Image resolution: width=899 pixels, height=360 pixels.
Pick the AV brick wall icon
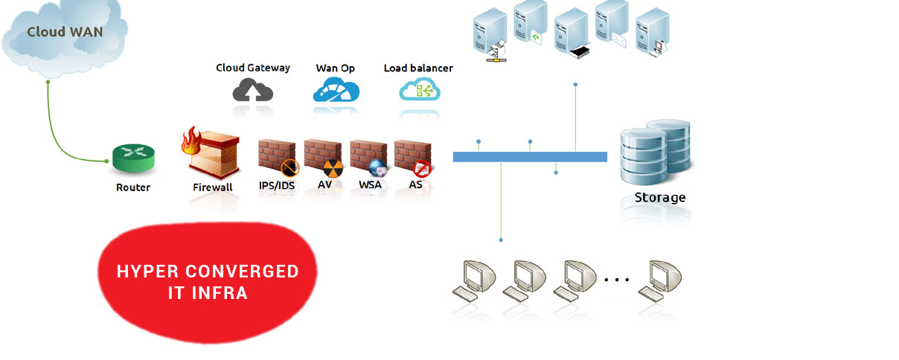(323, 157)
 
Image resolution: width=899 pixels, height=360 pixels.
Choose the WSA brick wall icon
(369, 157)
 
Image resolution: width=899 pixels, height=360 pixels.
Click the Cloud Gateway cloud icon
(253, 91)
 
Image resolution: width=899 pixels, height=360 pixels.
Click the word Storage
(659, 198)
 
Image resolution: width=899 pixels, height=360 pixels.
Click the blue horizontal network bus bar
(530, 157)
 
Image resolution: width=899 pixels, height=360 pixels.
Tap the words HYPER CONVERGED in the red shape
(208, 271)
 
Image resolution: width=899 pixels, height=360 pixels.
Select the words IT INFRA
(208, 294)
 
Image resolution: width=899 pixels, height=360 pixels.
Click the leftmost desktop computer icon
(476, 280)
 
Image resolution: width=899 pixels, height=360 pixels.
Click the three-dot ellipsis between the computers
(617, 280)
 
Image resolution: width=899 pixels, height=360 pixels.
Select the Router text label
(133, 187)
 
